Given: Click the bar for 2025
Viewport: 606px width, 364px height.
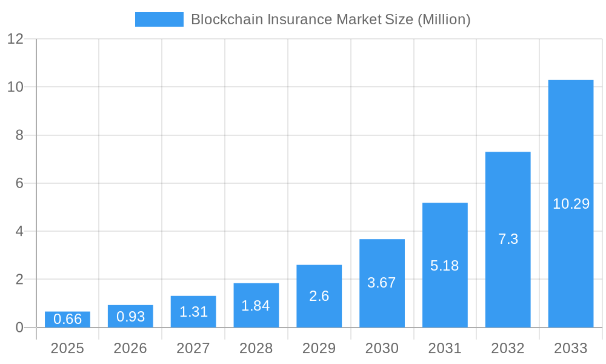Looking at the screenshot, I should (x=67, y=320).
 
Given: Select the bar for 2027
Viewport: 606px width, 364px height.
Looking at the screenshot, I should (x=193, y=312).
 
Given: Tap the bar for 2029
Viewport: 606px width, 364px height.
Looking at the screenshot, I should (x=319, y=296).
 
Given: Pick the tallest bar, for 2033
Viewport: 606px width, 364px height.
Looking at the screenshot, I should (x=570, y=204).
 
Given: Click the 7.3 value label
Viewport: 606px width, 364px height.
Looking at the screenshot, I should (x=508, y=239).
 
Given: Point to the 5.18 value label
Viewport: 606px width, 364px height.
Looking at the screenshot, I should (x=445, y=266).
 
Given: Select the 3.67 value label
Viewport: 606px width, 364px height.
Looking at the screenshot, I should (x=382, y=283).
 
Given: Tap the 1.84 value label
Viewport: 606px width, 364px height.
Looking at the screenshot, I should (x=256, y=306).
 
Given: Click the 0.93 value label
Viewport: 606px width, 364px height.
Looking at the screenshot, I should (x=130, y=316).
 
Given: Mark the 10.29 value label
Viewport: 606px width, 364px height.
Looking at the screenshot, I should (x=571, y=204).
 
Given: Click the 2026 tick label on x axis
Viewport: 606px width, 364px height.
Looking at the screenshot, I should (x=130, y=348).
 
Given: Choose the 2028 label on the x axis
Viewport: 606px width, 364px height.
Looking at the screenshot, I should (x=256, y=348).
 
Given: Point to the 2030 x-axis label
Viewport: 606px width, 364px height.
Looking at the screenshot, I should (x=382, y=348).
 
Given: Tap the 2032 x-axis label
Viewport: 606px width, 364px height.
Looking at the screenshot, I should (x=508, y=348).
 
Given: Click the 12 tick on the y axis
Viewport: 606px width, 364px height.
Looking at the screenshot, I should (x=15, y=39).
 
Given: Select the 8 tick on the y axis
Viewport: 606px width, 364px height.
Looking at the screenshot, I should (x=19, y=135).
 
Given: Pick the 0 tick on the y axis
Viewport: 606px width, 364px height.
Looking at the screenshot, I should (x=19, y=328).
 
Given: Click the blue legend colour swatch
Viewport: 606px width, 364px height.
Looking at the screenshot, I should (x=159, y=19).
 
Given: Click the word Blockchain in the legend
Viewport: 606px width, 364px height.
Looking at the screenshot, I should (x=220, y=19).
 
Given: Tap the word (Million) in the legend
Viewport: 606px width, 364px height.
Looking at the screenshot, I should (x=444, y=19).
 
